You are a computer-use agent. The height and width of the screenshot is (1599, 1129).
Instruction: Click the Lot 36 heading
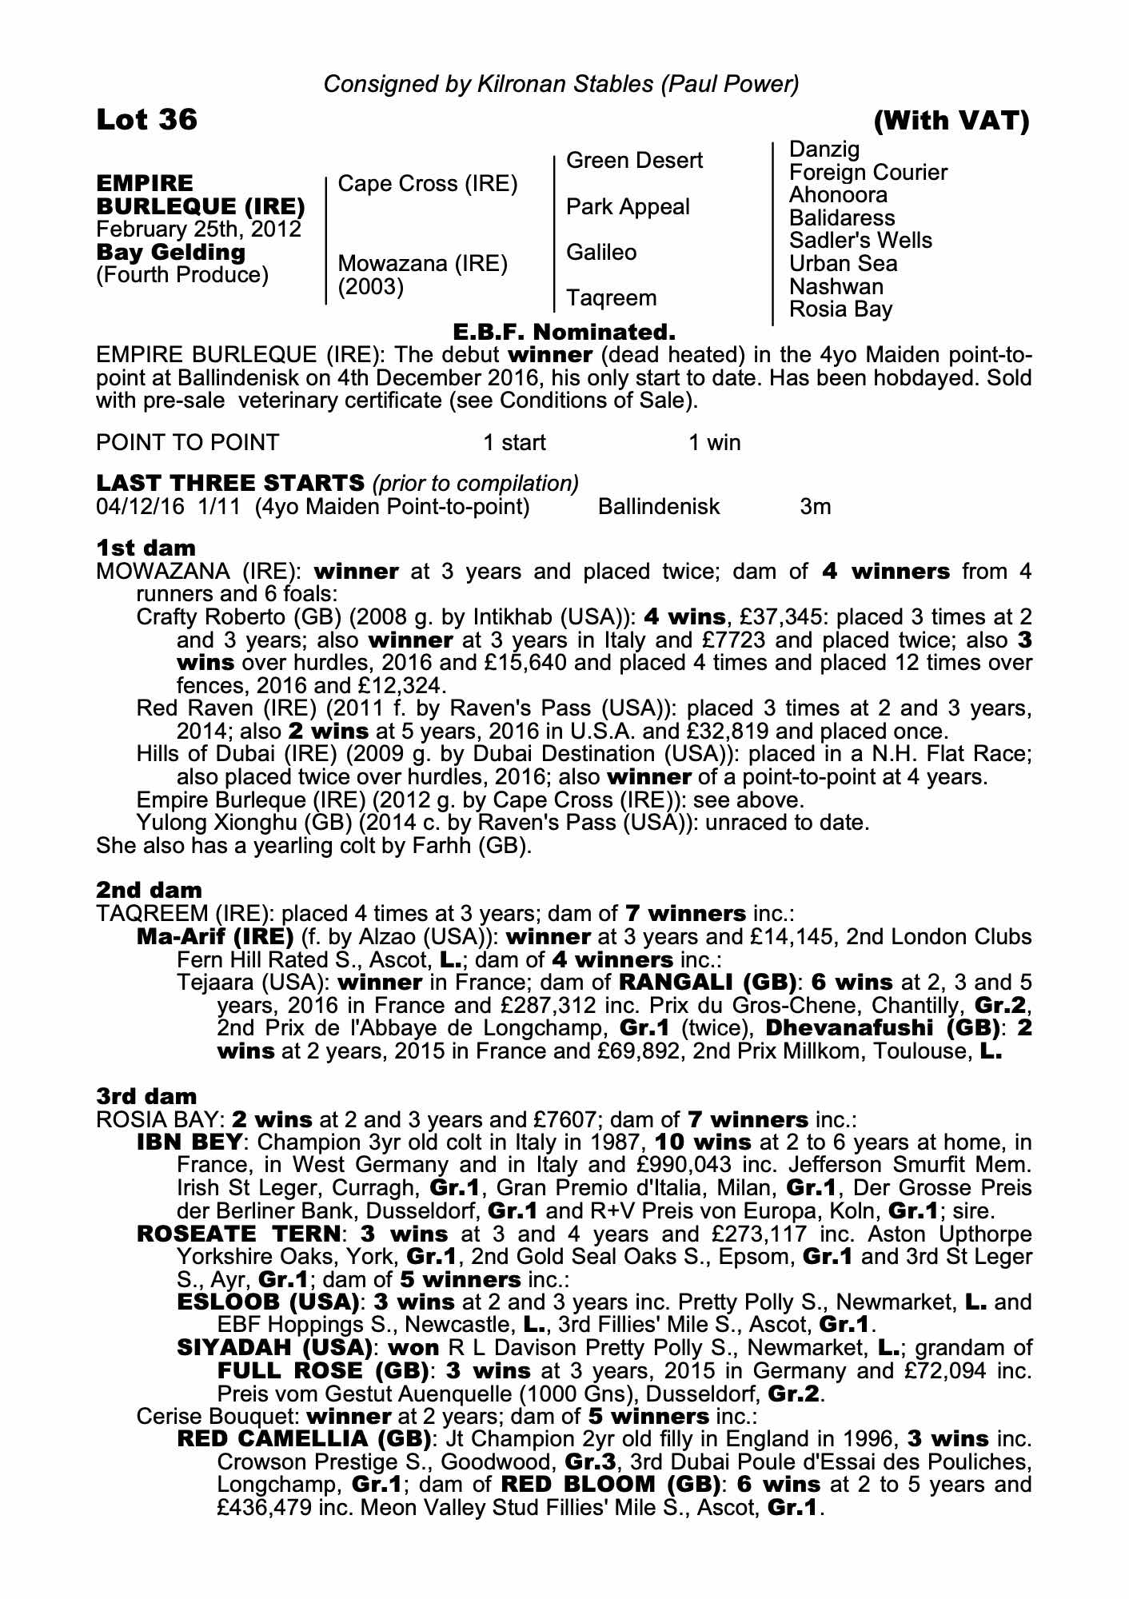coord(146,120)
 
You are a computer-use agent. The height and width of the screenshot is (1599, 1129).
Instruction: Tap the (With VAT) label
coord(951,121)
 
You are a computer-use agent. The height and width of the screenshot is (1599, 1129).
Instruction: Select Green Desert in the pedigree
coord(634,161)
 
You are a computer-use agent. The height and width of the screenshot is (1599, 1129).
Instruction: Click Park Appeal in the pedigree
coord(627,207)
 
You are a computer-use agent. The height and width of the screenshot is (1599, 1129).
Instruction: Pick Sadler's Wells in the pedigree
coord(860,241)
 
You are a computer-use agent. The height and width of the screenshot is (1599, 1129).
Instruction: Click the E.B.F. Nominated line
coord(564,331)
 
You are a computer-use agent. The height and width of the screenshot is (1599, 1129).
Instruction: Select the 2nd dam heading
coord(149,890)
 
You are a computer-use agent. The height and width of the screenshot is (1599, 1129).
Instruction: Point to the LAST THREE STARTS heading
coord(230,483)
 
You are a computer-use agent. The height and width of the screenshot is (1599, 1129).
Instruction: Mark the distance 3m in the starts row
coord(815,507)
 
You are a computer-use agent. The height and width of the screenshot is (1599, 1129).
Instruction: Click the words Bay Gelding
coord(170,253)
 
